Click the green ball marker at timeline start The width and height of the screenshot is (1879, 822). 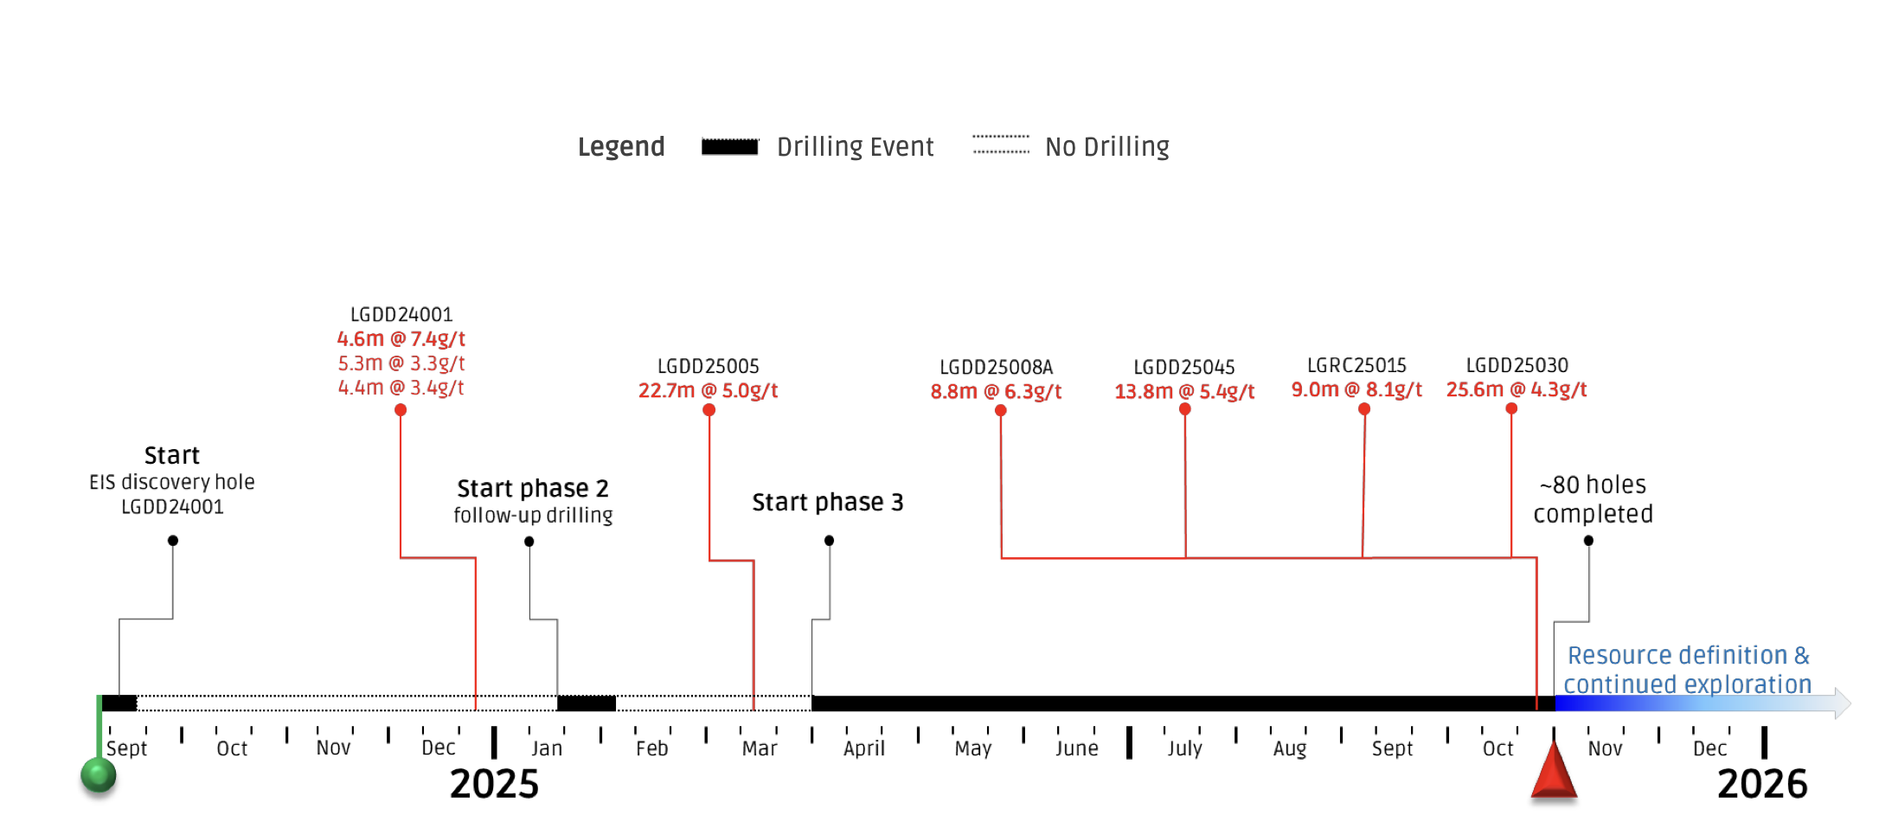pyautogui.click(x=99, y=775)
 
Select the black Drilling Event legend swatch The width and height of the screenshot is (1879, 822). pyautogui.click(x=729, y=146)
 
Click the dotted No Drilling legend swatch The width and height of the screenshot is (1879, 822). pyautogui.click(x=1001, y=144)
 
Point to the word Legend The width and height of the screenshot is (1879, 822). pyautogui.click(x=621, y=147)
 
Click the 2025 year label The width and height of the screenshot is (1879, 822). pyautogui.click(x=494, y=784)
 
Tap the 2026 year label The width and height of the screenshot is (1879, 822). pyautogui.click(x=1762, y=784)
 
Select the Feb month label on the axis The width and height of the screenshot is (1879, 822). pyautogui.click(x=651, y=748)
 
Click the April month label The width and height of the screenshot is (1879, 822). pyautogui.click(x=864, y=748)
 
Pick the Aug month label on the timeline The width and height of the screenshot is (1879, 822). pyautogui.click(x=1289, y=749)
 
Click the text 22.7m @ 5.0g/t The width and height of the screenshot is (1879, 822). pyautogui.click(x=708, y=391)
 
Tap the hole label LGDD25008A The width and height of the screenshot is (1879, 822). pyautogui.click(x=996, y=367)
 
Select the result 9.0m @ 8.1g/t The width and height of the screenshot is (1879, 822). pyautogui.click(x=1356, y=390)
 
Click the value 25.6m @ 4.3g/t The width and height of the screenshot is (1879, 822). pyautogui.click(x=1517, y=390)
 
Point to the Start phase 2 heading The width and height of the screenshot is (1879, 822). pyautogui.click(x=533, y=489)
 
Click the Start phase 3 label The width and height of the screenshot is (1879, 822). pyautogui.click(x=828, y=503)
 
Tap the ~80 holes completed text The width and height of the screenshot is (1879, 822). pyautogui.click(x=1593, y=499)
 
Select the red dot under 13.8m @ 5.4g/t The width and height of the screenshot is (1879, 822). pyautogui.click(x=1185, y=409)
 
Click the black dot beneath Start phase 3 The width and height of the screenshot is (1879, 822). pyautogui.click(x=829, y=541)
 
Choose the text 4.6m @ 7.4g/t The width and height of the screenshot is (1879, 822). pyautogui.click(x=401, y=339)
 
